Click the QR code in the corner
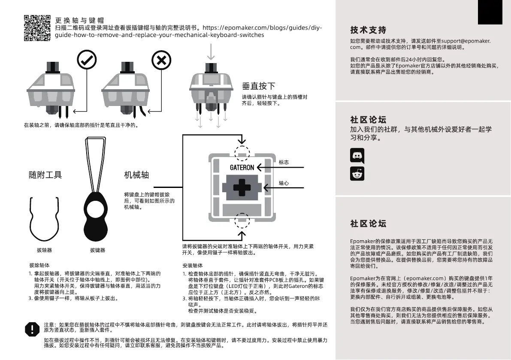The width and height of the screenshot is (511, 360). pos(37,28)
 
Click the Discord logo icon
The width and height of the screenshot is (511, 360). pos(357,155)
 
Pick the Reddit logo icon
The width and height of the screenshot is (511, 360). pos(357,174)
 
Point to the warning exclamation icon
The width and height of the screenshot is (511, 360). pos(32,329)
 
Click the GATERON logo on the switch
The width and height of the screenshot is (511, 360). pos(242,167)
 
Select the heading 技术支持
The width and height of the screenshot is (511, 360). pos(368,30)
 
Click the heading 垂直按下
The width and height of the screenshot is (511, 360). pos(259,86)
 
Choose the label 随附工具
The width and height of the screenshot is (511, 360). pos(45,175)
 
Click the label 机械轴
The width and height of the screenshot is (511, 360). pos(136,175)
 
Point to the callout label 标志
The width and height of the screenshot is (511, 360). pos(284,162)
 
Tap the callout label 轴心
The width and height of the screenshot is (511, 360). pos(284,183)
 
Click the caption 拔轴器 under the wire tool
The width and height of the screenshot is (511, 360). pos(44,250)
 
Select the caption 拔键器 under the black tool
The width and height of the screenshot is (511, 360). pos(97,250)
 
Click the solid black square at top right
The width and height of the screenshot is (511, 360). pos(490,12)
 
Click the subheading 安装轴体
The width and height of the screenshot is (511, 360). pos(192,266)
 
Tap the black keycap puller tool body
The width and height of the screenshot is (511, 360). pos(98,215)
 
